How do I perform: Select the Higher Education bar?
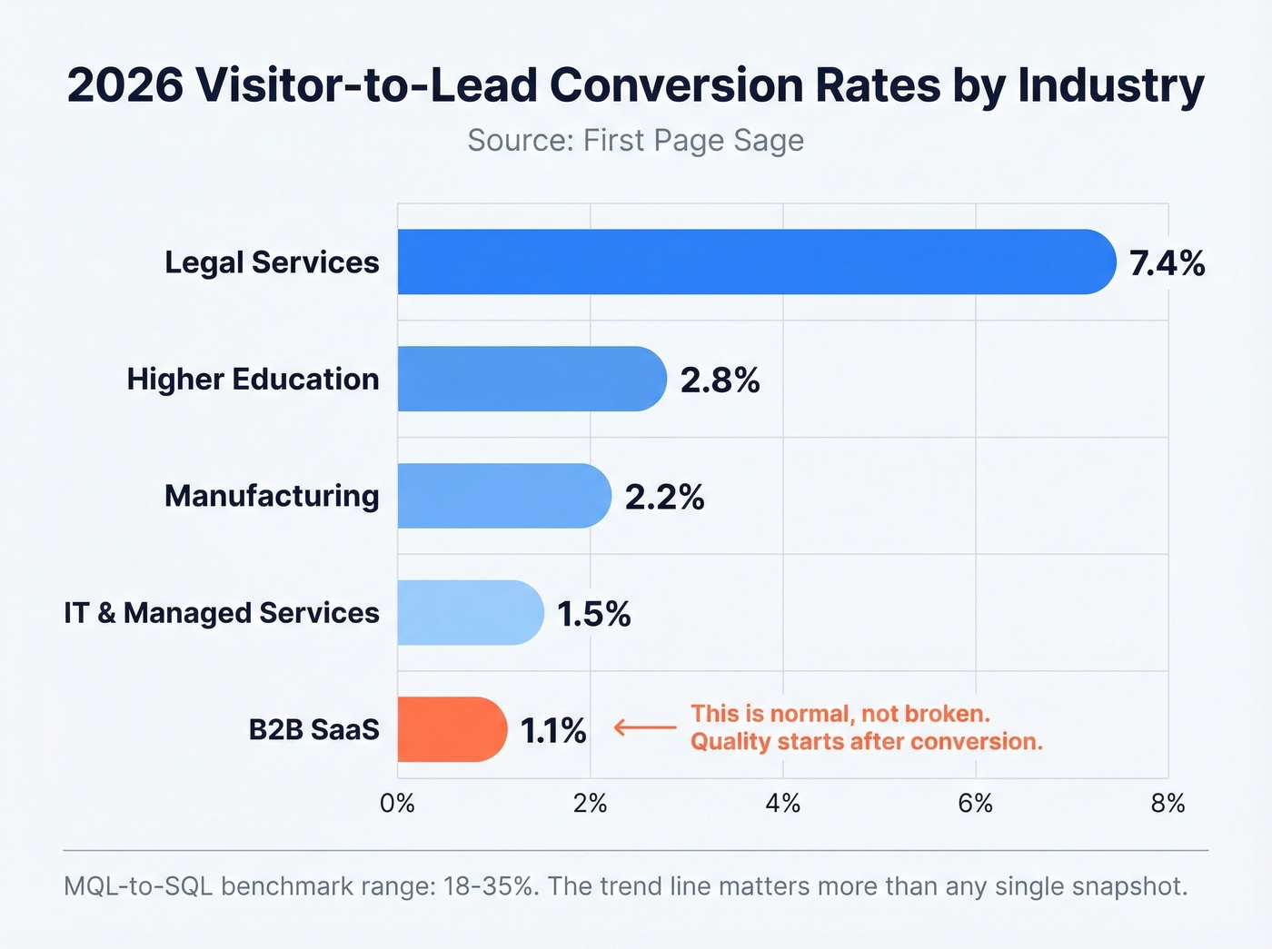[x=532, y=379]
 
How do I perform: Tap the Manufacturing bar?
[x=503, y=496]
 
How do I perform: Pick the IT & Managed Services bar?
[x=470, y=613]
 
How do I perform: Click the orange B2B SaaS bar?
[x=451, y=729]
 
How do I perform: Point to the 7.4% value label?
[x=1167, y=263]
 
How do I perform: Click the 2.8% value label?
[x=720, y=380]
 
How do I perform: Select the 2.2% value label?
[x=664, y=497]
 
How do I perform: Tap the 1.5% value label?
[x=593, y=614]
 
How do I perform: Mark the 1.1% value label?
[x=552, y=730]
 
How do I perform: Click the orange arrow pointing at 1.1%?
[x=645, y=727]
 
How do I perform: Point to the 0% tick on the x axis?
[x=397, y=804]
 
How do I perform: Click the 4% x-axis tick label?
[x=782, y=804]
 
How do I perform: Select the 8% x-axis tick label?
[x=1168, y=804]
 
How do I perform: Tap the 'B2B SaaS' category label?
[x=313, y=730]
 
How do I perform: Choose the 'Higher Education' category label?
[x=253, y=379]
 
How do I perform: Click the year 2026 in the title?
[x=124, y=85]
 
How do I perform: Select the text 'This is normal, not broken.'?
[x=840, y=714]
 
